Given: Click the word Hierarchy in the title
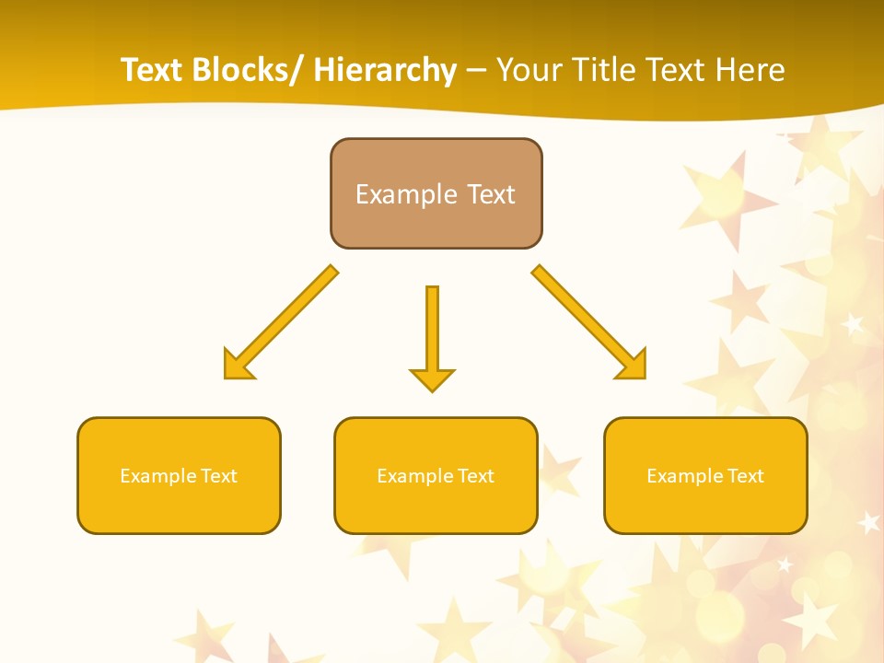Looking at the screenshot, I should [384, 70].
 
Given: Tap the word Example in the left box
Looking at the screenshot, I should [157, 476].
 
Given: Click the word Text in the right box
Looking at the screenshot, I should [745, 476].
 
